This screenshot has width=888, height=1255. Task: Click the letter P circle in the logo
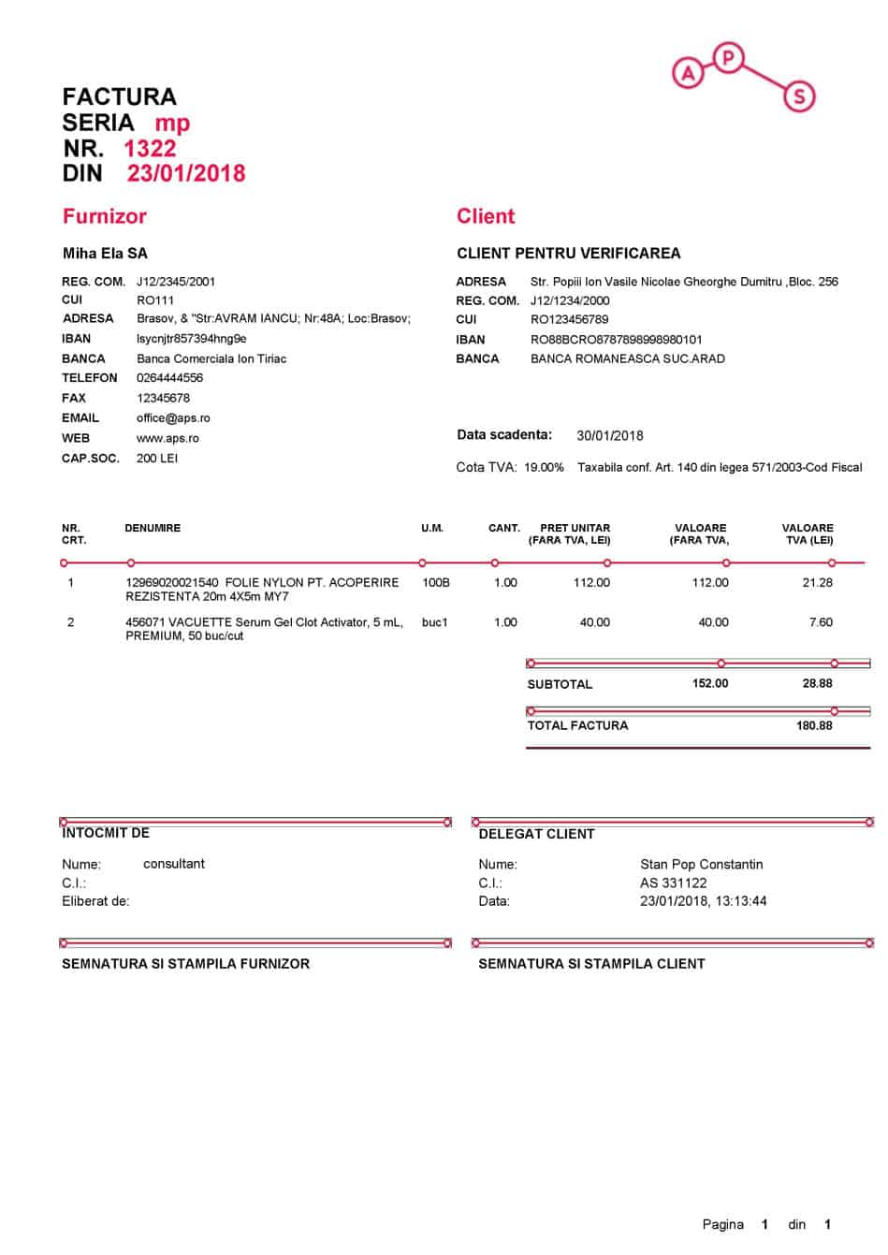point(728,59)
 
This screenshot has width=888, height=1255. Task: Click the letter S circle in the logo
point(799,95)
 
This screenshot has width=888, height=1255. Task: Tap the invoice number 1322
point(150,148)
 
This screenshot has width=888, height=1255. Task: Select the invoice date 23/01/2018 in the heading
point(186,173)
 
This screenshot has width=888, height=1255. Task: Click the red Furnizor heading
point(105,216)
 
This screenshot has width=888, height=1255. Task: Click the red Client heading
point(486,216)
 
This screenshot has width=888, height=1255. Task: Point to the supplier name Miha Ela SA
point(105,253)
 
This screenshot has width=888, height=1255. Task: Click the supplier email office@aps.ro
point(173,418)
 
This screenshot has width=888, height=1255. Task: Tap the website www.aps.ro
point(167,438)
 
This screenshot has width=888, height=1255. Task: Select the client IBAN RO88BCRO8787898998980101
point(616,340)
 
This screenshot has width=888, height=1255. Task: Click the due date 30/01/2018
point(610,435)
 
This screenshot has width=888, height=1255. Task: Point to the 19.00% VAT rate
point(544,467)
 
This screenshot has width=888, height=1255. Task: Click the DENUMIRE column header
point(153,528)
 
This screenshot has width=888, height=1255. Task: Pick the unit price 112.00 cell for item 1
point(591,582)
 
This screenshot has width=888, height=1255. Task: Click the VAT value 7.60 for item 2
point(821,622)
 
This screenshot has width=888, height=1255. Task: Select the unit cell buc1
point(435,622)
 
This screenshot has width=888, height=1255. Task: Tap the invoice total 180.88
point(814,725)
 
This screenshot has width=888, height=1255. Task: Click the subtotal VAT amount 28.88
point(817,683)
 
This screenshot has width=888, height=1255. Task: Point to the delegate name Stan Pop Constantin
point(701,864)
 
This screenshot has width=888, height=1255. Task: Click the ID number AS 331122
point(674,883)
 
